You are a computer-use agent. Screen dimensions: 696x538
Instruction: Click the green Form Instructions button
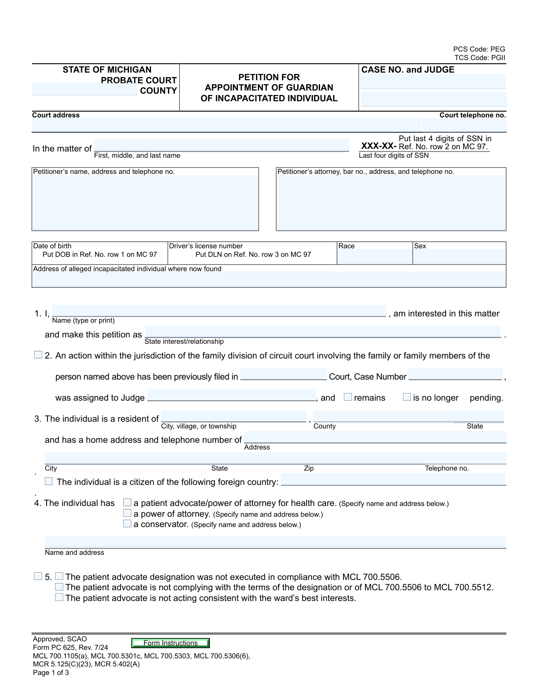[x=170, y=643]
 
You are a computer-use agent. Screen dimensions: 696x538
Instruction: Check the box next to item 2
[x=38, y=355]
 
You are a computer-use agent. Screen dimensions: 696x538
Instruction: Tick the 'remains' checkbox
[x=348, y=397]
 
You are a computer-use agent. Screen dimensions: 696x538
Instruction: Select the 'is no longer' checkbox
[x=407, y=397]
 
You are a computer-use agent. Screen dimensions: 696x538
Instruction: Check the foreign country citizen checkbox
[x=49, y=481]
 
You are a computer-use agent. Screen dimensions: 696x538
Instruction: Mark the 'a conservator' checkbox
[x=127, y=523]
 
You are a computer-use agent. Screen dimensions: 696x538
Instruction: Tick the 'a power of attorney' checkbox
[x=127, y=513]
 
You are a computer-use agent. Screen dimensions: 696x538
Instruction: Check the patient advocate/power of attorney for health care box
[x=127, y=503]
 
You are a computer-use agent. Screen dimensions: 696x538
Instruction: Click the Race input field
[x=374, y=256]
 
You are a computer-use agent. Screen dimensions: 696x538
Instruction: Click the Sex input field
[x=459, y=256]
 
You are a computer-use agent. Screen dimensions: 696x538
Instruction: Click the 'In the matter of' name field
[x=221, y=146]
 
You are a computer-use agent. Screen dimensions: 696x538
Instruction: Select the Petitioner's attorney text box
[x=391, y=202]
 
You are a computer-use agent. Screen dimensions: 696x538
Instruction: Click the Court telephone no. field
[x=464, y=125]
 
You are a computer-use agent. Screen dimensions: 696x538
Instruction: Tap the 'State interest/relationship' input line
[x=323, y=332]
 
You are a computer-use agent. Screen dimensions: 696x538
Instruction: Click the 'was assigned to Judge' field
[x=231, y=395]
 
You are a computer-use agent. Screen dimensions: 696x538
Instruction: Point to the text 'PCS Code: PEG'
[x=479, y=49]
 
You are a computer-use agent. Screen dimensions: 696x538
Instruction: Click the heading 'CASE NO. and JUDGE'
[x=408, y=70]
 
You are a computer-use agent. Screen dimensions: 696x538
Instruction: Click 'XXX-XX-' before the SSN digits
[x=379, y=147]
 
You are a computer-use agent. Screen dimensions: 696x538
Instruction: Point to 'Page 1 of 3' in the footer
[x=51, y=673]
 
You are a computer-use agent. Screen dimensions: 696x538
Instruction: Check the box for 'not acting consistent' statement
[x=59, y=597]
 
